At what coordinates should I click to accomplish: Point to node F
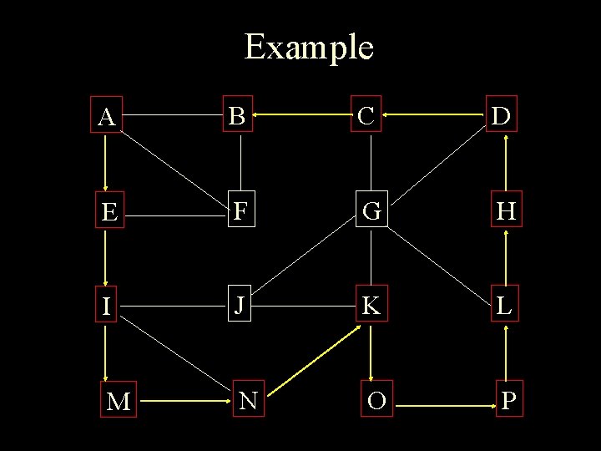pos(240,212)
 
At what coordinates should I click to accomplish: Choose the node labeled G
pos(371,212)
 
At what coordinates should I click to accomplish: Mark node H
pos(505,212)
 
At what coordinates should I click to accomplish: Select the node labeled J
pos(240,306)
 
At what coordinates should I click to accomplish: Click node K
pos(371,306)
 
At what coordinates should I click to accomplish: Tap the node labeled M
pos(119,402)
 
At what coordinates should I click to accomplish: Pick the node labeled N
pos(248,401)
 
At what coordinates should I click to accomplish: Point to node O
pos(376,401)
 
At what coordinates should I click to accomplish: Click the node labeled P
pos(508,401)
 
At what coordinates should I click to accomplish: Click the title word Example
pos(309,47)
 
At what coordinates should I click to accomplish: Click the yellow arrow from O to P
pos(444,406)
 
